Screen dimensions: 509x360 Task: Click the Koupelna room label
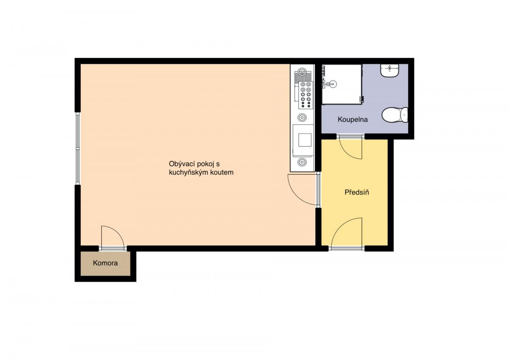352,120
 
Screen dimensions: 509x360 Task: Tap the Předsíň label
357,192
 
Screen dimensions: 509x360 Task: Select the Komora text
105,263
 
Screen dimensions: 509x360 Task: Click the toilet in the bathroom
395,115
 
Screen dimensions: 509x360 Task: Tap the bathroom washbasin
389,71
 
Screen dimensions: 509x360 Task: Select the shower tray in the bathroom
342,84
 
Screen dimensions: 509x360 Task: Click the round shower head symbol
333,84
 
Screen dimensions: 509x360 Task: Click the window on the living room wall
78,148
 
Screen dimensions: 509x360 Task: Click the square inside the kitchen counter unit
305,140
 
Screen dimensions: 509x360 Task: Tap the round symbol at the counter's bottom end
302,162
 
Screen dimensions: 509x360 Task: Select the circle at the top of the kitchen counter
302,72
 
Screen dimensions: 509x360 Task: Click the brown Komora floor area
106,263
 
